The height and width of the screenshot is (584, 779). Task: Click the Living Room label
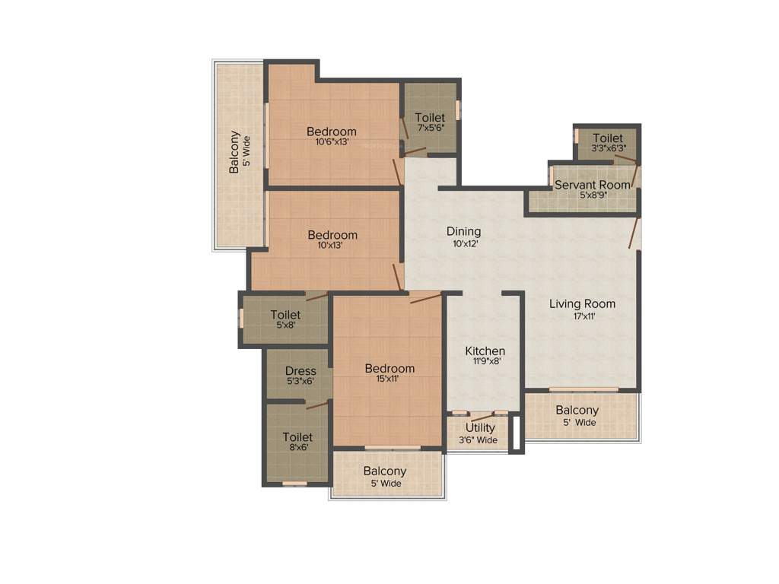click(582, 304)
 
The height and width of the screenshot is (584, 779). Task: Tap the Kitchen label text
click(485, 351)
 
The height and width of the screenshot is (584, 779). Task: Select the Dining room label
click(463, 231)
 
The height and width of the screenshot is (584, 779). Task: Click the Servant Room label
click(592, 185)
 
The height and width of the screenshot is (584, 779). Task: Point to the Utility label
click(480, 428)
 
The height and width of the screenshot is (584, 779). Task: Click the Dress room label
click(300, 371)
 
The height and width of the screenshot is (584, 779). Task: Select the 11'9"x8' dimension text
click(485, 362)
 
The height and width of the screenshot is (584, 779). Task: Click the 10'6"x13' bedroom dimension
click(331, 141)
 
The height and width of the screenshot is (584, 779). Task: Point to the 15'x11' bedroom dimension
click(389, 379)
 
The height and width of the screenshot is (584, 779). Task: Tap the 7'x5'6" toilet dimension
click(430, 129)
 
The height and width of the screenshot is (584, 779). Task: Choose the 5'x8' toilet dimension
click(285, 325)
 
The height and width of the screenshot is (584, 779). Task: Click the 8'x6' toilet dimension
click(297, 449)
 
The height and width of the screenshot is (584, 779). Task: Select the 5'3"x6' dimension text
click(300, 382)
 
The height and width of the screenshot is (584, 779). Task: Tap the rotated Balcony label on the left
click(234, 151)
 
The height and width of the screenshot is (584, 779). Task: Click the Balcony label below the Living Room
click(577, 411)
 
